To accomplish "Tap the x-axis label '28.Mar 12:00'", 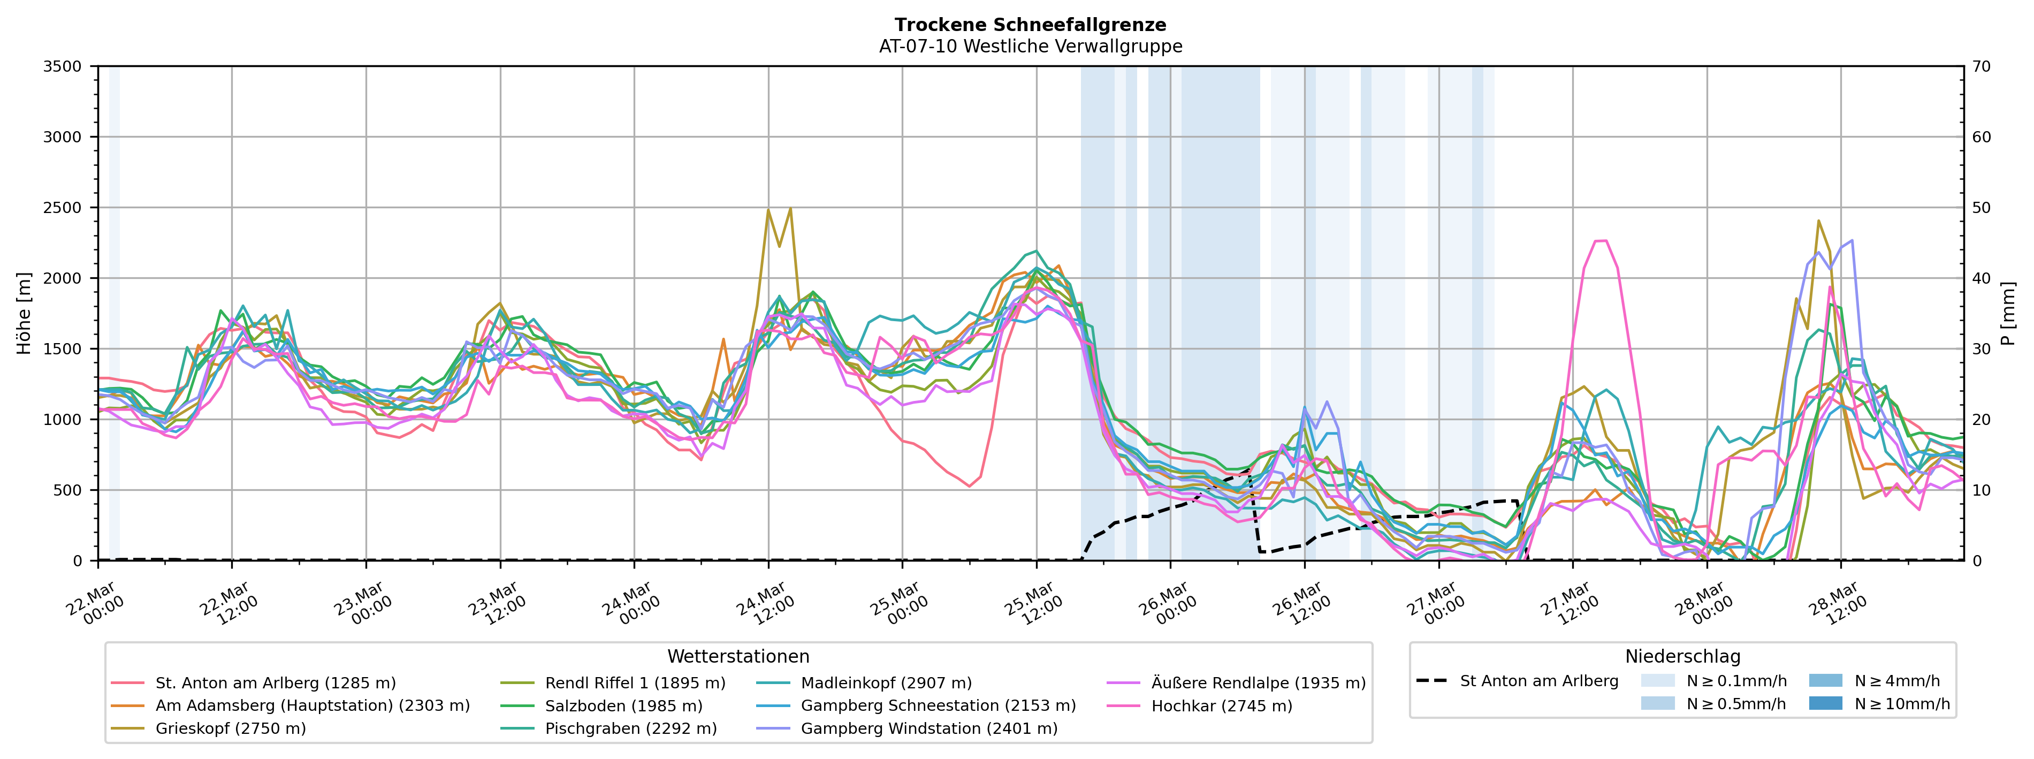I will (1838, 605).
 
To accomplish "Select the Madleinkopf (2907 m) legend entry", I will (886, 683).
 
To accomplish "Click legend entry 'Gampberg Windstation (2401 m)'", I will (928, 728).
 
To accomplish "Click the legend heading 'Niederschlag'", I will (1682, 656).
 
